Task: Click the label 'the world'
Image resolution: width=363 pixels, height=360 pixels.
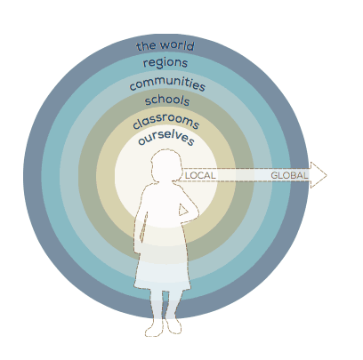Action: point(165,46)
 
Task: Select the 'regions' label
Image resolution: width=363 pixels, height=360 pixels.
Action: point(165,63)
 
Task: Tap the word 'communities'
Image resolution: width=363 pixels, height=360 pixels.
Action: point(167,84)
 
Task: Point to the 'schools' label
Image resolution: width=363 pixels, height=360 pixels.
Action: point(167,100)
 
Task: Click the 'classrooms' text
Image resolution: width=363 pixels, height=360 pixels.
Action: point(165,122)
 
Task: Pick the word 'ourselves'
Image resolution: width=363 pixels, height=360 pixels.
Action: point(166,138)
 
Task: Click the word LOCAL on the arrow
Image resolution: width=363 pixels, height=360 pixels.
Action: point(200,175)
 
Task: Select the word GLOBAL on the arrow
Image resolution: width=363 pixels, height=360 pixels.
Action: point(289,175)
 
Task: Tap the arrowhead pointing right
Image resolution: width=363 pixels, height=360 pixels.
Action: point(319,175)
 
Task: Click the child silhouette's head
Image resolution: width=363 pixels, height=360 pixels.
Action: point(166,164)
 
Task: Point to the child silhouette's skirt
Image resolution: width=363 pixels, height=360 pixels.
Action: point(163,266)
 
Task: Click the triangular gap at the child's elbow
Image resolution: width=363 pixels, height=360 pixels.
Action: point(182,210)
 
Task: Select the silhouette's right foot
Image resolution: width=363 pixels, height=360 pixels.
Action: point(173,325)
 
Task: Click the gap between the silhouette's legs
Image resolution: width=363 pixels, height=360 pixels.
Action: point(165,305)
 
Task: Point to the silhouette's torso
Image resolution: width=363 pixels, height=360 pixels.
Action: point(165,213)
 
